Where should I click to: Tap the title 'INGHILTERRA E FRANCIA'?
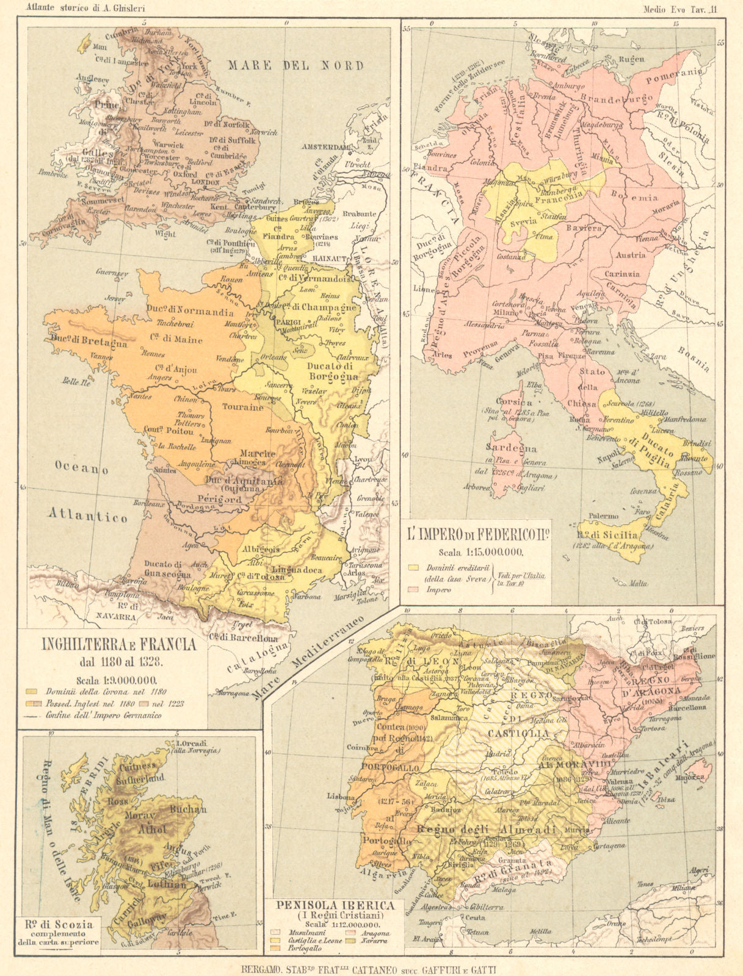click(118, 645)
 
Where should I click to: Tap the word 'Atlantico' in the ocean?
click(89, 516)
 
